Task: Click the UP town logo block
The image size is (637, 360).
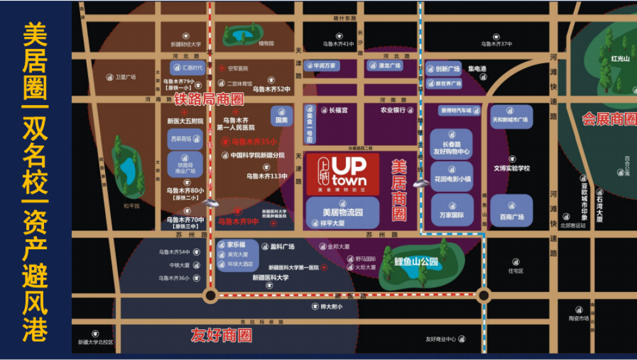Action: tap(343, 173)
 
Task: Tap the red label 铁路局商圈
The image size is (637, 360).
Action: tap(209, 99)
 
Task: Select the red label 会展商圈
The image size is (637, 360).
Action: tap(609, 119)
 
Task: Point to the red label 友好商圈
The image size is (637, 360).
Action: tap(221, 335)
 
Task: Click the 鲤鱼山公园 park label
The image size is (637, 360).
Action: tap(416, 261)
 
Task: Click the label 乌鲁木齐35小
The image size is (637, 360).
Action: tap(254, 142)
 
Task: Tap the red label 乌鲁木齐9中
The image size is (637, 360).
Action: tap(238, 222)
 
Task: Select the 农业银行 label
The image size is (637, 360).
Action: tap(393, 110)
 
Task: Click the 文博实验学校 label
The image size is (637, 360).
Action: tap(512, 168)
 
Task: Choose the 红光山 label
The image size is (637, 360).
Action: tap(620, 59)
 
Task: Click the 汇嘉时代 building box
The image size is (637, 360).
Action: tap(187, 68)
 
